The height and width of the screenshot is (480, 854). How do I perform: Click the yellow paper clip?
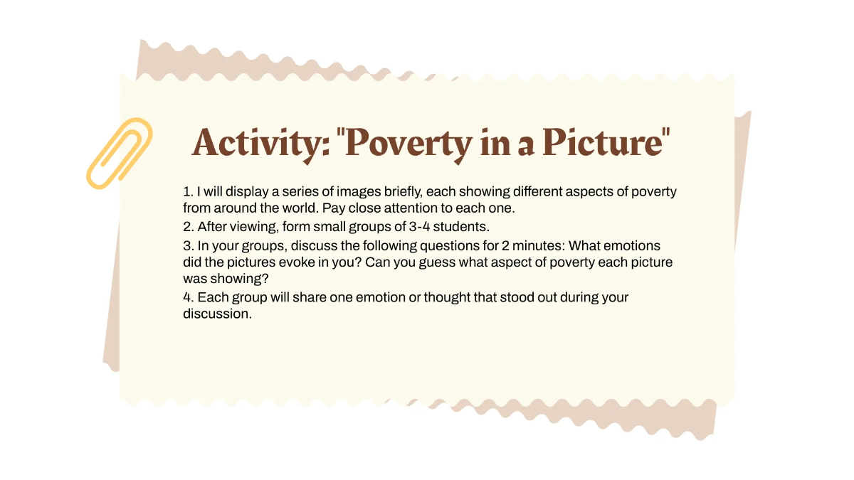click(x=119, y=153)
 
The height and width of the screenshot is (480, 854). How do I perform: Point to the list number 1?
click(x=187, y=193)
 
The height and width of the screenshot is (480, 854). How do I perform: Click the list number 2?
click(x=188, y=227)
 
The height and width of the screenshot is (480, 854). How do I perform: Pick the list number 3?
click(x=188, y=246)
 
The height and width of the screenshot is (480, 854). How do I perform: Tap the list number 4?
click(x=188, y=297)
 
